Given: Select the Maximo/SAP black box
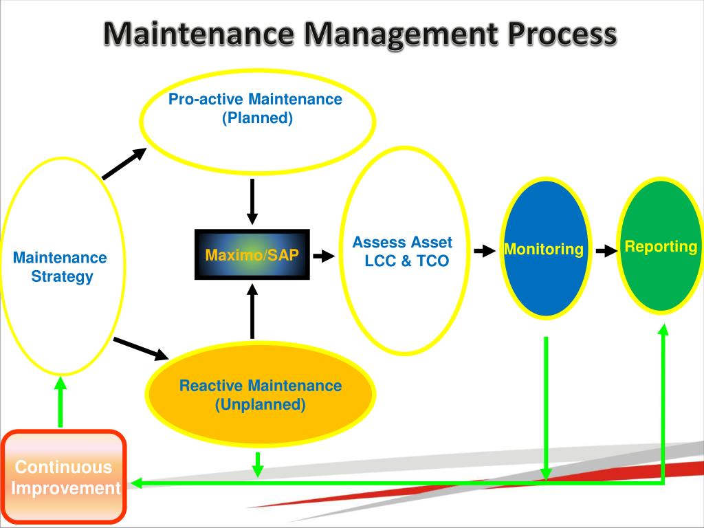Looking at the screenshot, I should point(252,255).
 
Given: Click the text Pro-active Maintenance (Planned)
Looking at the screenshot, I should point(256,109).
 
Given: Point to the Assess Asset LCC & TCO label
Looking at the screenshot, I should point(404,252).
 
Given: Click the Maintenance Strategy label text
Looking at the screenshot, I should point(60,267).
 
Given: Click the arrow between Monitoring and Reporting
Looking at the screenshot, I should point(606,251).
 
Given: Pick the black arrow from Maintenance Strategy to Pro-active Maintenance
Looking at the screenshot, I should point(124,164).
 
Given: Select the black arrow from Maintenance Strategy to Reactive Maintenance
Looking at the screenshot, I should point(141,348).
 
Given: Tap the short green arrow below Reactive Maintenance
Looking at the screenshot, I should point(258,465).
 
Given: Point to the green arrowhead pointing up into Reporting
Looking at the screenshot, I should point(663,331).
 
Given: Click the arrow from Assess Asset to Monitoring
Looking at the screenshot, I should point(485,251).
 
